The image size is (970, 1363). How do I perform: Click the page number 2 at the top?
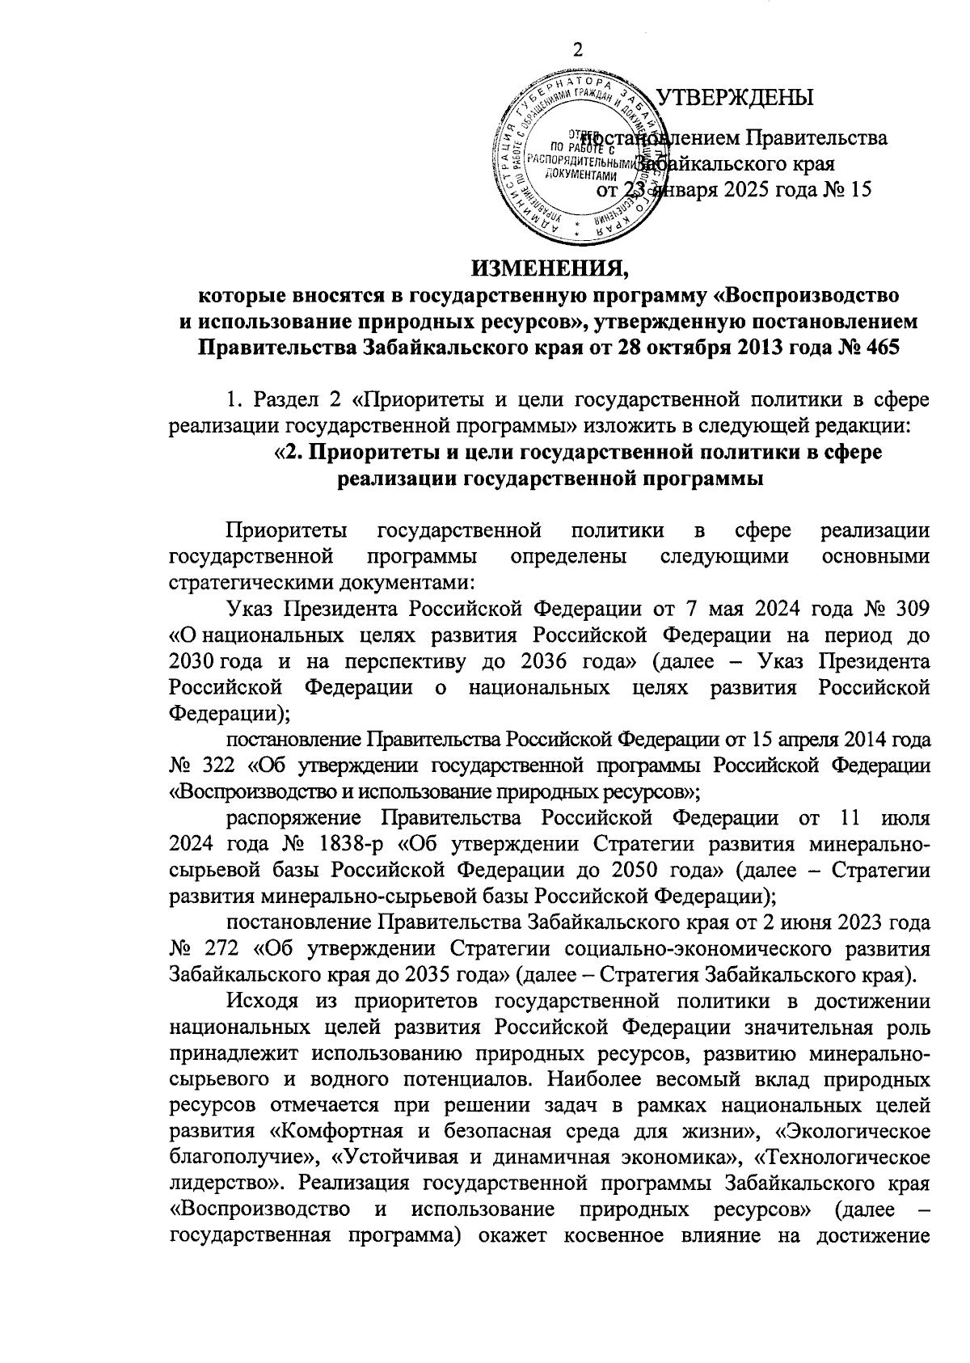click(577, 50)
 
